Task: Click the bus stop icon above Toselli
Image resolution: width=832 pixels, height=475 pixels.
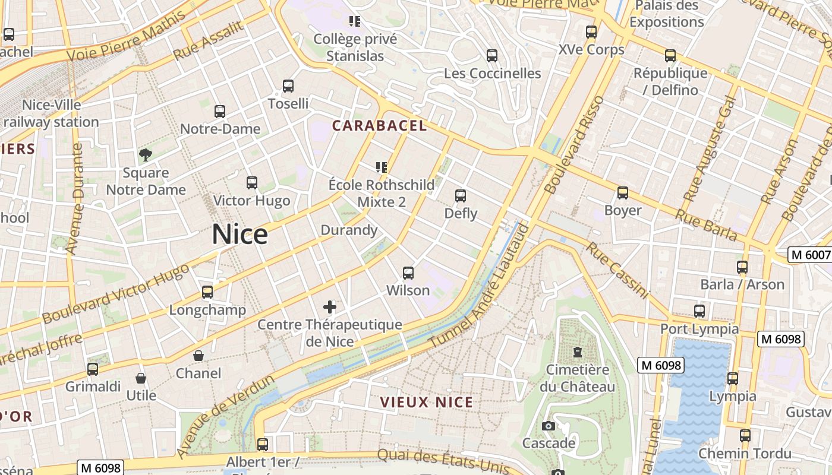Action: point(288,86)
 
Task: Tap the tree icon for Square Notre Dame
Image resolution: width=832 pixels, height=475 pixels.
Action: point(146,156)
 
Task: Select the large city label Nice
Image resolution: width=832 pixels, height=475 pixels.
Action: point(239,235)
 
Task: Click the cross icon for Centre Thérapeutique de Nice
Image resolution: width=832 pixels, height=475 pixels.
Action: point(330,307)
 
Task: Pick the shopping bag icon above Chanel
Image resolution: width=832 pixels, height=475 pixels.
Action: point(198,356)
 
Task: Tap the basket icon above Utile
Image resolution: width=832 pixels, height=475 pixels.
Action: point(141,378)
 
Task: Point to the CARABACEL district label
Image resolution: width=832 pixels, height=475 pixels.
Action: point(379,125)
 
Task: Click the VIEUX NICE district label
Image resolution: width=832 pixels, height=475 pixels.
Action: point(427,402)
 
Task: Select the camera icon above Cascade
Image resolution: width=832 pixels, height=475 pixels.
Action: point(549,426)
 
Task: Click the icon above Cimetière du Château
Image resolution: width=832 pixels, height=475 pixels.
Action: point(577,352)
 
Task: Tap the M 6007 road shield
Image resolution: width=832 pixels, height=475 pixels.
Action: point(809,255)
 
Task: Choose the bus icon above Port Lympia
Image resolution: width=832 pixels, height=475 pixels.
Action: point(699,311)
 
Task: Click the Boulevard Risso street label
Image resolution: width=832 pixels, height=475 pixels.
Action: point(573,145)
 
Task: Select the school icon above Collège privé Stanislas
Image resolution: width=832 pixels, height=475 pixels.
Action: point(355,22)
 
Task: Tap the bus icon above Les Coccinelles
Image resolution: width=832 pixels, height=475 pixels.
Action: point(492,56)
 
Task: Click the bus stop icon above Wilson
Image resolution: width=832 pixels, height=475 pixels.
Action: point(408,273)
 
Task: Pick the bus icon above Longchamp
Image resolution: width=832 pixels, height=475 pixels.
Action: point(207,292)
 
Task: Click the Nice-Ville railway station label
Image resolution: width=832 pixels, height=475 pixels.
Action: point(51,113)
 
